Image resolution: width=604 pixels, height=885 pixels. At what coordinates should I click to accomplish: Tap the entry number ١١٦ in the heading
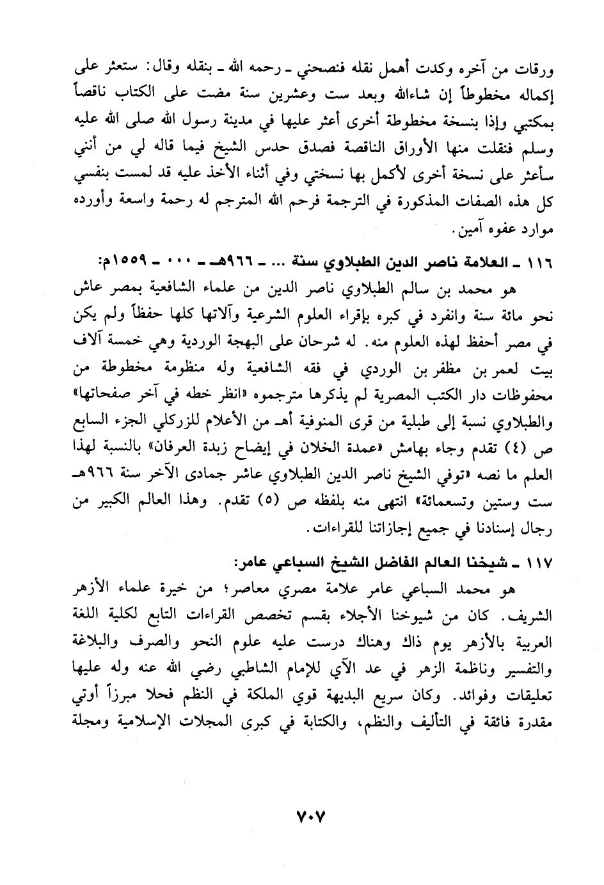point(539,262)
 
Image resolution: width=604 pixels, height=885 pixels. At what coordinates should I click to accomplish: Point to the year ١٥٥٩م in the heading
point(120,262)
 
